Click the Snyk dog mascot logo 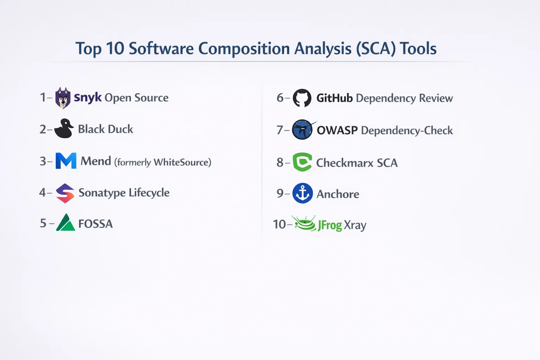pyautogui.click(x=63, y=98)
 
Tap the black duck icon pyautogui.click(x=64, y=128)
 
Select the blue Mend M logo pyautogui.click(x=66, y=161)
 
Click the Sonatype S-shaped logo pyautogui.click(x=65, y=193)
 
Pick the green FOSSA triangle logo pyautogui.click(x=66, y=222)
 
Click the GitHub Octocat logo pyautogui.click(x=302, y=98)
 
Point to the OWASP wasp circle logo pyautogui.click(x=303, y=129)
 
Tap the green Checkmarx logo pyautogui.click(x=302, y=162)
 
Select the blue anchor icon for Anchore pyautogui.click(x=303, y=193)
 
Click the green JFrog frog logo pyautogui.click(x=304, y=224)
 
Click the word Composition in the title pyautogui.click(x=244, y=49)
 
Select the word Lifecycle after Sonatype pyautogui.click(x=149, y=193)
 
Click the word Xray pyautogui.click(x=355, y=225)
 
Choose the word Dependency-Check pyautogui.click(x=407, y=130)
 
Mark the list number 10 pyautogui.click(x=279, y=224)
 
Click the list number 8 pyautogui.click(x=280, y=162)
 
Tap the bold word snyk pyautogui.click(x=88, y=98)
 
